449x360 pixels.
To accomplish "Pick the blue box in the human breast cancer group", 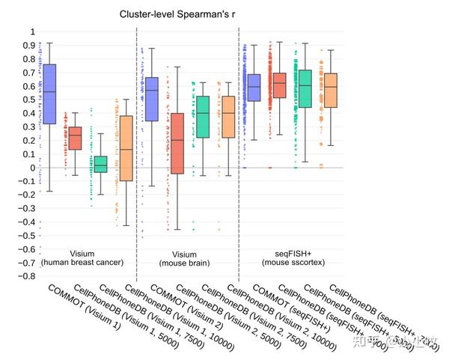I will [49, 94].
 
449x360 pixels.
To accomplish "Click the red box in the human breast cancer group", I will [75, 138].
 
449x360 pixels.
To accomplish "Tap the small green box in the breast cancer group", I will [100, 164].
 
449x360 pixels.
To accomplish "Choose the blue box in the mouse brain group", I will [152, 99].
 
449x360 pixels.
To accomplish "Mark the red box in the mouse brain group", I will [177, 144].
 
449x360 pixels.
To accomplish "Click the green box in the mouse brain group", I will [203, 117].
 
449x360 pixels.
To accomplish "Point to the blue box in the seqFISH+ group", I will [254, 88].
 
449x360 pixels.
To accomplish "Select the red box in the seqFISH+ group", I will [279, 86].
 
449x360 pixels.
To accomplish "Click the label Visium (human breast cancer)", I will [82, 258].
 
